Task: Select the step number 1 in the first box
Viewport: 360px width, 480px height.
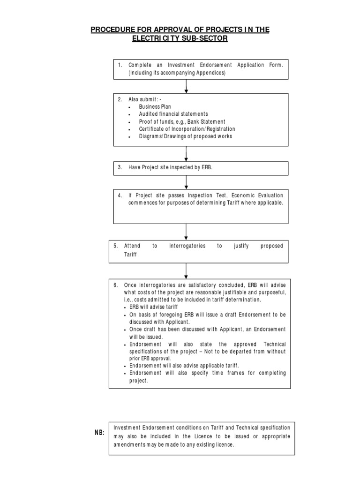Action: coord(120,66)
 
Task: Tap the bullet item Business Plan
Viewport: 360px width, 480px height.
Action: coord(155,106)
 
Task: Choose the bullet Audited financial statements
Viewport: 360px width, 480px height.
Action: coord(173,114)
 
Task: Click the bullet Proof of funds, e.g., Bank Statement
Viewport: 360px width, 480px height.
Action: coord(182,121)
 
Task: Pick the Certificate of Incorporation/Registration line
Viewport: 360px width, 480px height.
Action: coord(187,129)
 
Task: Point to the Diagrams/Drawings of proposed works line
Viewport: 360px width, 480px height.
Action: coord(185,136)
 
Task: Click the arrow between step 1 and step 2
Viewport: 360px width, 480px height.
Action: coord(187,86)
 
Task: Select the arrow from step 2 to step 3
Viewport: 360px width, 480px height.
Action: coord(187,153)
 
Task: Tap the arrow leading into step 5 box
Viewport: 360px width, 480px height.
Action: coord(187,232)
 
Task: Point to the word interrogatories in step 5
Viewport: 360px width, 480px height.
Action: coord(187,246)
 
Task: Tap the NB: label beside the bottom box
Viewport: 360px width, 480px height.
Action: coord(99,433)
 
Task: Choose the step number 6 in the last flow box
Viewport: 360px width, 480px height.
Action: coord(115,285)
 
